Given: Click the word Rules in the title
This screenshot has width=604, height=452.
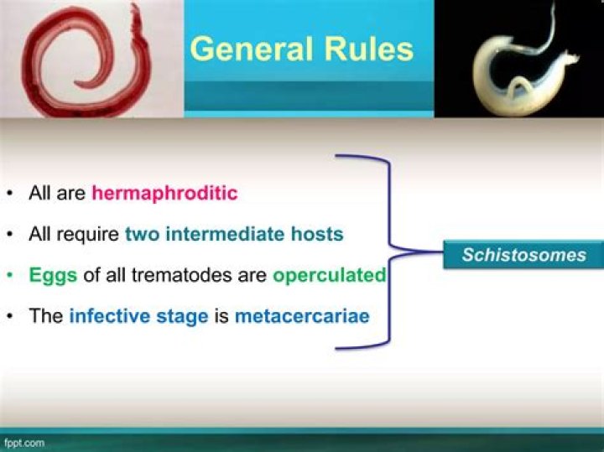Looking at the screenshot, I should coord(371,49).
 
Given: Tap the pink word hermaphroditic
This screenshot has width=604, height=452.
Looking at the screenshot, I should coord(164,193).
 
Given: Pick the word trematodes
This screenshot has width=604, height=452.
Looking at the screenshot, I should coord(185,275).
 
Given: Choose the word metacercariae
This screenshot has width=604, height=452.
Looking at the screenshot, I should coord(302,316).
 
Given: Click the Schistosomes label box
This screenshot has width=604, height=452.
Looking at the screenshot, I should coord(523,254).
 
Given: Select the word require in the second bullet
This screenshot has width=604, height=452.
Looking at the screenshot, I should coord(87,234).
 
